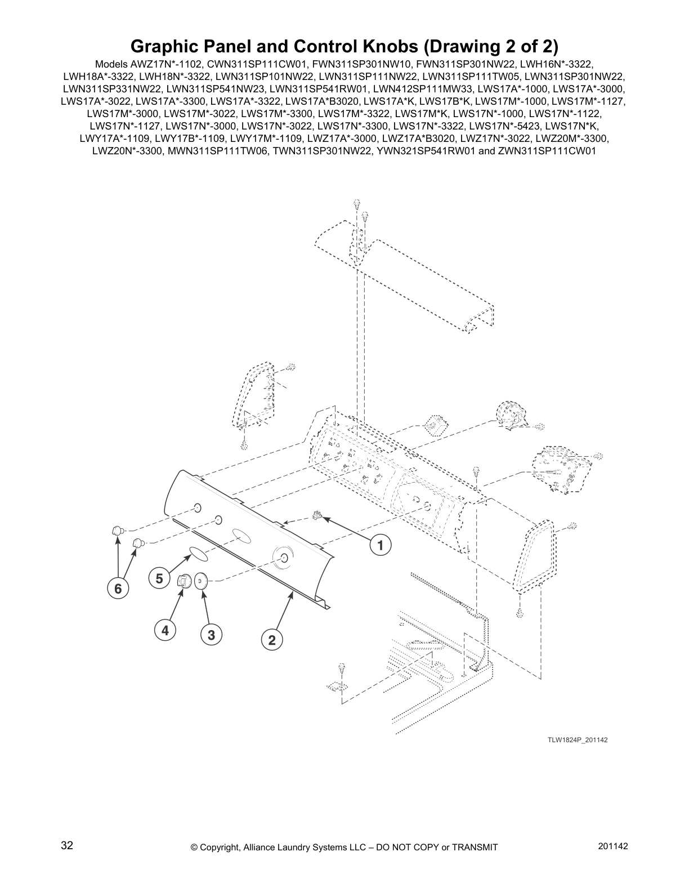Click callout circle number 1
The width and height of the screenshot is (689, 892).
[380, 545]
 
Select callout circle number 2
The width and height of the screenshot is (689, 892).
[272, 640]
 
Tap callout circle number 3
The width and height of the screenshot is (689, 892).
[211, 635]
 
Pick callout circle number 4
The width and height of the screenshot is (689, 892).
[165, 631]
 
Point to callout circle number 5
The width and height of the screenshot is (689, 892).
[159, 578]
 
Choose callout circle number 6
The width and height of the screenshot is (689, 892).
[118, 588]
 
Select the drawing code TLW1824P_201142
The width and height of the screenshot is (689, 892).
[578, 739]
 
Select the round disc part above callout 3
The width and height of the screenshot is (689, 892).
[201, 580]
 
